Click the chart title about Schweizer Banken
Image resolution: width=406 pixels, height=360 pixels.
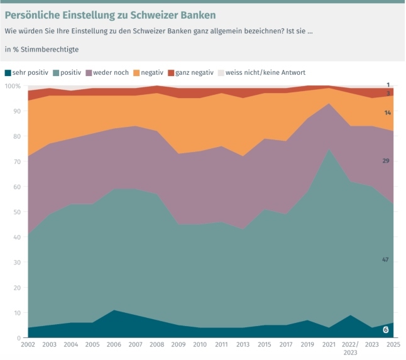tap(111, 14)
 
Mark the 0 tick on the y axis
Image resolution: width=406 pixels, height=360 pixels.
tap(19, 338)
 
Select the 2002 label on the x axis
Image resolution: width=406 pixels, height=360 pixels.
tap(28, 346)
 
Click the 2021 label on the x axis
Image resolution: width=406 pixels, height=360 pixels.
tap(327, 346)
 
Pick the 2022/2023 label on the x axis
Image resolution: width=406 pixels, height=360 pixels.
tap(349, 349)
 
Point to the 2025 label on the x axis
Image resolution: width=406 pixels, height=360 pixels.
tap(393, 346)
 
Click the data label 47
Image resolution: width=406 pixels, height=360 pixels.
tap(385, 259)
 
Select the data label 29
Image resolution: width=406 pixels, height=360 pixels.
tap(385, 161)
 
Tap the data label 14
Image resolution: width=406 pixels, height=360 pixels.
tap(388, 112)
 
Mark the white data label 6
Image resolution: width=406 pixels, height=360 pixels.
tap(386, 329)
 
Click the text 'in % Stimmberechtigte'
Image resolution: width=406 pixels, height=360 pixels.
tap(42, 49)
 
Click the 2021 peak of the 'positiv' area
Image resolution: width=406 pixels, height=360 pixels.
tap(327, 150)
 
